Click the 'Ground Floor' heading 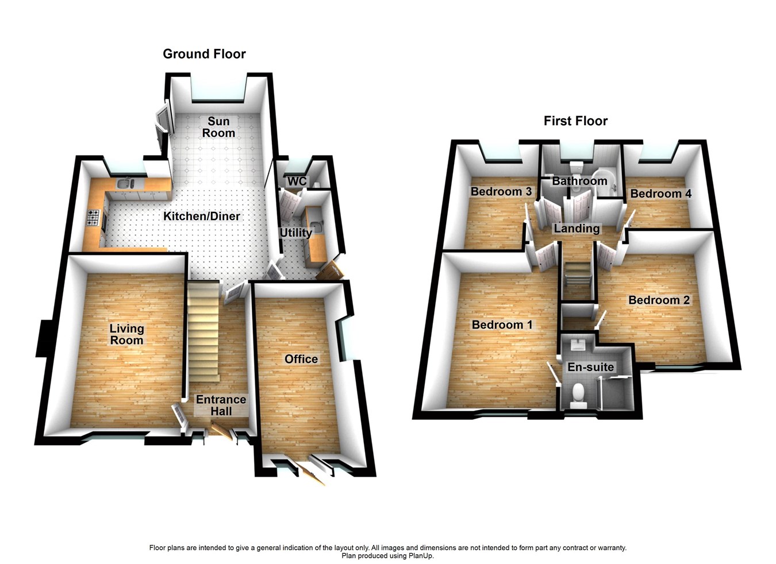coord(204,54)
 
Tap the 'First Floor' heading coord(575,121)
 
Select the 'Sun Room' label coord(218,127)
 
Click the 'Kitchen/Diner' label coord(202,216)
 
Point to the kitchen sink coord(125,184)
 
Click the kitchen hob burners coord(93,218)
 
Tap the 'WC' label coord(297,181)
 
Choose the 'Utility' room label coord(295,233)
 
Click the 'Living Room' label coord(126,334)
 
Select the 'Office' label coord(301,359)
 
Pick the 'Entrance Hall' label coord(221,405)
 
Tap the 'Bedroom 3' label coord(501,191)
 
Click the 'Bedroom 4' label coord(660,194)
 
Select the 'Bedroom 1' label coord(502,325)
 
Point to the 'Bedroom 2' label coord(659,300)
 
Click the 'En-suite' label coord(590,367)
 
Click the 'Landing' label coord(577,229)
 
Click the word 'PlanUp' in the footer coord(421,555)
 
